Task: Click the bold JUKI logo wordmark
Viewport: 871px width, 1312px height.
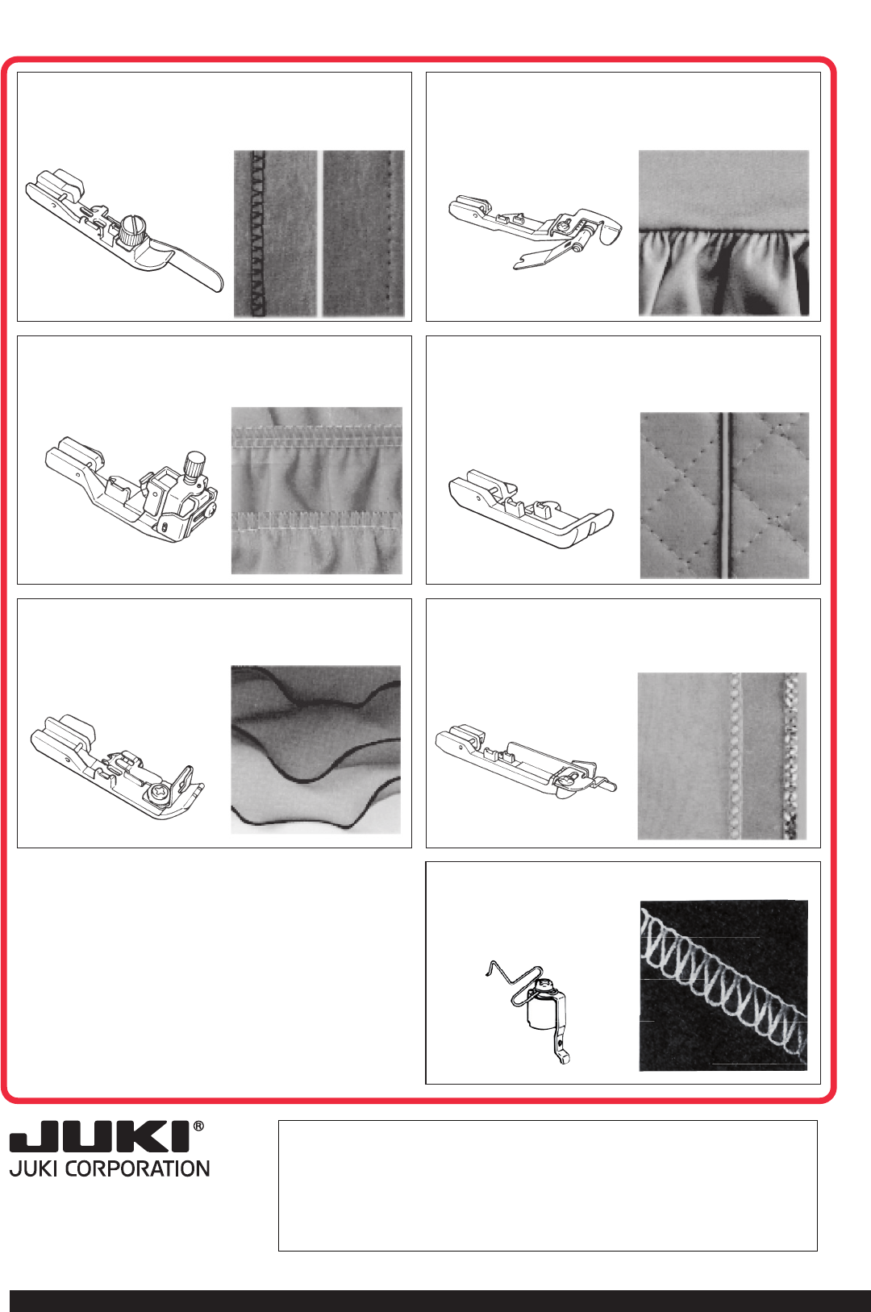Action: coord(100,1137)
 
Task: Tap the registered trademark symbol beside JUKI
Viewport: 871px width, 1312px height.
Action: coord(198,1126)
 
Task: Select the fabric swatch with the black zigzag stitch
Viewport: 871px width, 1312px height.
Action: coord(276,234)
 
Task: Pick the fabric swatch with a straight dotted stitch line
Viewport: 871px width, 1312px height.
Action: coord(364,234)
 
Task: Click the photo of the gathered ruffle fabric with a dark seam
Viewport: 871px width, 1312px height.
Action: coord(724,233)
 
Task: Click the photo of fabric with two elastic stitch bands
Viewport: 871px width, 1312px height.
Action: coord(317,490)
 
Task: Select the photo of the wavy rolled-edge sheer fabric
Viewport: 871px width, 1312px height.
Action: coord(315,749)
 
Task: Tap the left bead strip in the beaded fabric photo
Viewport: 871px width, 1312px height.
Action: coord(736,756)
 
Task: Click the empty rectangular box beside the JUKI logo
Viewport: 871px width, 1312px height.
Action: coord(548,1185)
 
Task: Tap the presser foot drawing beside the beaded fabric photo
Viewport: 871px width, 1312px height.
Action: coord(525,761)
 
